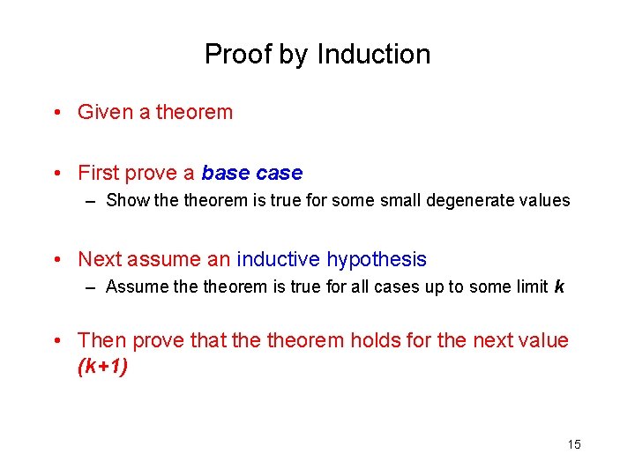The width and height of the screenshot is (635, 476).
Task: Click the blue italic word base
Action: coord(227,173)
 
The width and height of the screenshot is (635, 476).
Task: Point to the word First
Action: coord(99,173)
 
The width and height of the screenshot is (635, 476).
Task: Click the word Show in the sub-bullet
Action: coord(127,200)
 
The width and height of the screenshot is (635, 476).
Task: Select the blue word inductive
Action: coord(279,259)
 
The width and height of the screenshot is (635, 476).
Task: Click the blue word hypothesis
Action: coord(377,260)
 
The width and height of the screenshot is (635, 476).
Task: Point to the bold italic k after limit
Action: coord(558,286)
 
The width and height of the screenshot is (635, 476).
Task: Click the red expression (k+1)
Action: coord(102,367)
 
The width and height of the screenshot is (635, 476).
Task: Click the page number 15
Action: coord(573,444)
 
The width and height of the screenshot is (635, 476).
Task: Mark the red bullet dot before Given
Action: coord(57,113)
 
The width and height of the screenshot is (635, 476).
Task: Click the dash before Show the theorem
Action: coord(92,201)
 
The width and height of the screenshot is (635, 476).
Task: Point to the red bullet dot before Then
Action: coord(57,341)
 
